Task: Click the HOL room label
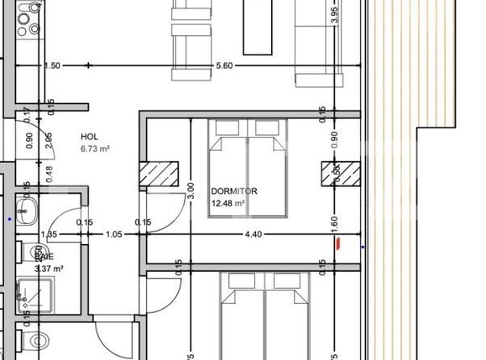(x=90, y=136)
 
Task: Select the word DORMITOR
(x=233, y=191)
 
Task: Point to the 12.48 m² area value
(x=228, y=203)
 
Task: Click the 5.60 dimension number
(x=224, y=65)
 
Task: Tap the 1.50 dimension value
(x=52, y=65)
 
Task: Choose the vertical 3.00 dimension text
(x=191, y=191)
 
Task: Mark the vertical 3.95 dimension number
(x=333, y=14)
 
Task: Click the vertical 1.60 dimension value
(x=333, y=225)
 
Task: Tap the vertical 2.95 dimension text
(x=49, y=139)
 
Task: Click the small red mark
(x=338, y=243)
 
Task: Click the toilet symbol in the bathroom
(x=38, y=340)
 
